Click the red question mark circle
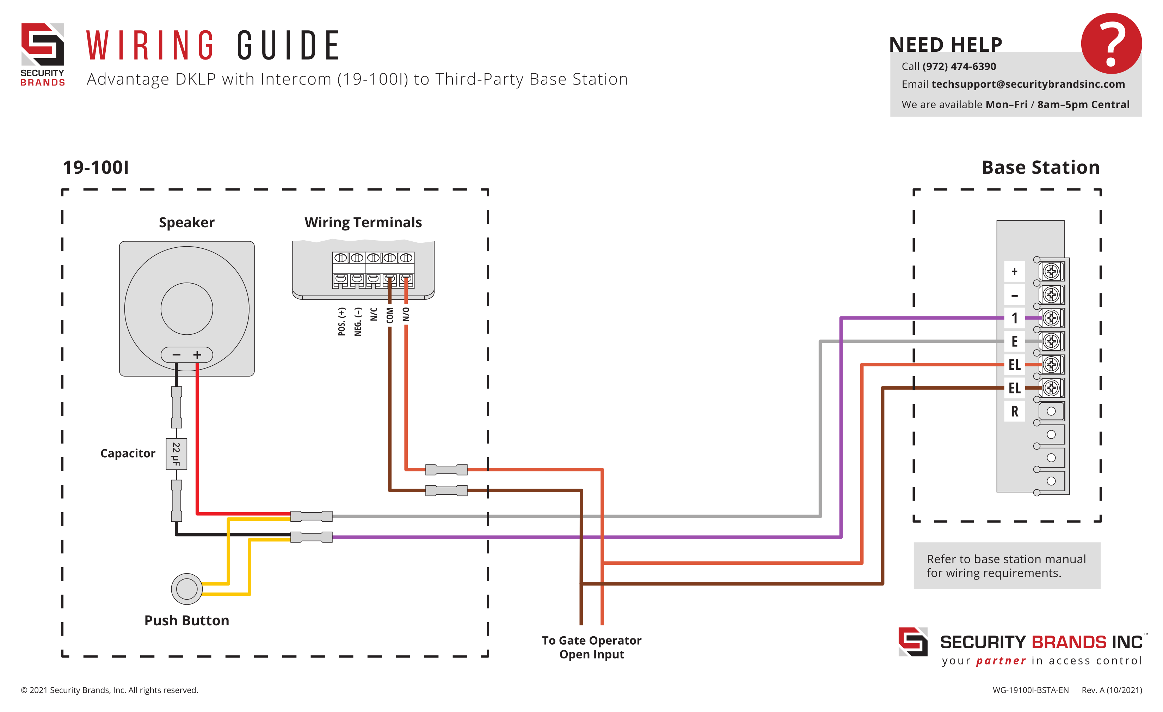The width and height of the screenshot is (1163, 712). point(1111,43)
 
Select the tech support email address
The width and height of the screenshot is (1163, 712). point(1028,85)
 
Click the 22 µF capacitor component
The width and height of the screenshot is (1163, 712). point(176,454)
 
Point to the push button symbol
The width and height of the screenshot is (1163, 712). point(186,589)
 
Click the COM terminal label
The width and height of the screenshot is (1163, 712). point(390,316)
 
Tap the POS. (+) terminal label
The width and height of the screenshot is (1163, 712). point(342,322)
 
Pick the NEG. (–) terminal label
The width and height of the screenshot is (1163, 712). point(358,322)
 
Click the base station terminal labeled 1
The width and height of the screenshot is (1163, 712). point(1014,318)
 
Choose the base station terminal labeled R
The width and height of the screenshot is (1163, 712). point(1014,411)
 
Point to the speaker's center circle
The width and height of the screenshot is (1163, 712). point(186,309)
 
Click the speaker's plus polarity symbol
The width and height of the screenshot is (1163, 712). point(197,355)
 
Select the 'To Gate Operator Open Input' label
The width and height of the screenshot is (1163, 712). point(591,648)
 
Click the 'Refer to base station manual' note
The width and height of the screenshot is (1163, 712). point(1006,566)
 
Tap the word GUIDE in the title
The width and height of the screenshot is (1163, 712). point(288,46)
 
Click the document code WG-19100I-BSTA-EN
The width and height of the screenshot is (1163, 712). point(1030,690)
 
